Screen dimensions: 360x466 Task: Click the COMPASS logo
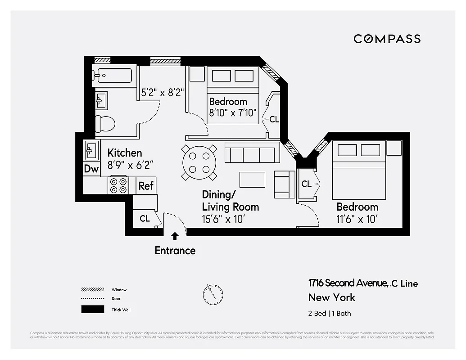point(387,39)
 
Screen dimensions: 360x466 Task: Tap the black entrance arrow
point(175,235)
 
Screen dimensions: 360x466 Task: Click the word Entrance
point(175,251)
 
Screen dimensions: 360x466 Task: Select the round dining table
point(199,162)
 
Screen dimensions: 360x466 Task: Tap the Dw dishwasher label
point(91,169)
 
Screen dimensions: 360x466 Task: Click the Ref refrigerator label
point(146,185)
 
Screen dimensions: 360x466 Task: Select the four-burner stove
point(118,185)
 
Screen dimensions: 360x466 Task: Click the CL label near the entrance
point(145,219)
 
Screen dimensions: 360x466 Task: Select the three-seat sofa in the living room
point(252,154)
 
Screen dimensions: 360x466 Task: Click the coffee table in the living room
point(252,180)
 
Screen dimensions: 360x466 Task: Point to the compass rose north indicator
point(212,294)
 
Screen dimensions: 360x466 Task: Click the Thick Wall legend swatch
point(92,310)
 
